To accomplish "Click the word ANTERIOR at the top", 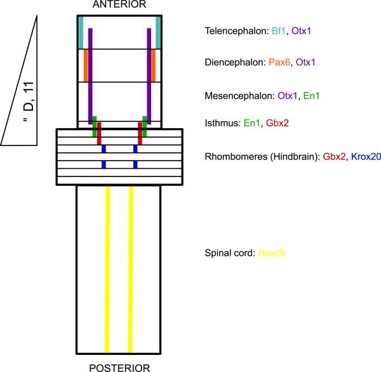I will point(119,5).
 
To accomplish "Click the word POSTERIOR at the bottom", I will point(119,367).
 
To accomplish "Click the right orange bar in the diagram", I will point(154,65).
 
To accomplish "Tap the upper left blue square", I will point(104,149).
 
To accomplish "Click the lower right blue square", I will point(135,165).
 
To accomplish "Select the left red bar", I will point(98,133).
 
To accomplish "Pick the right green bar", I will point(145,126).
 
